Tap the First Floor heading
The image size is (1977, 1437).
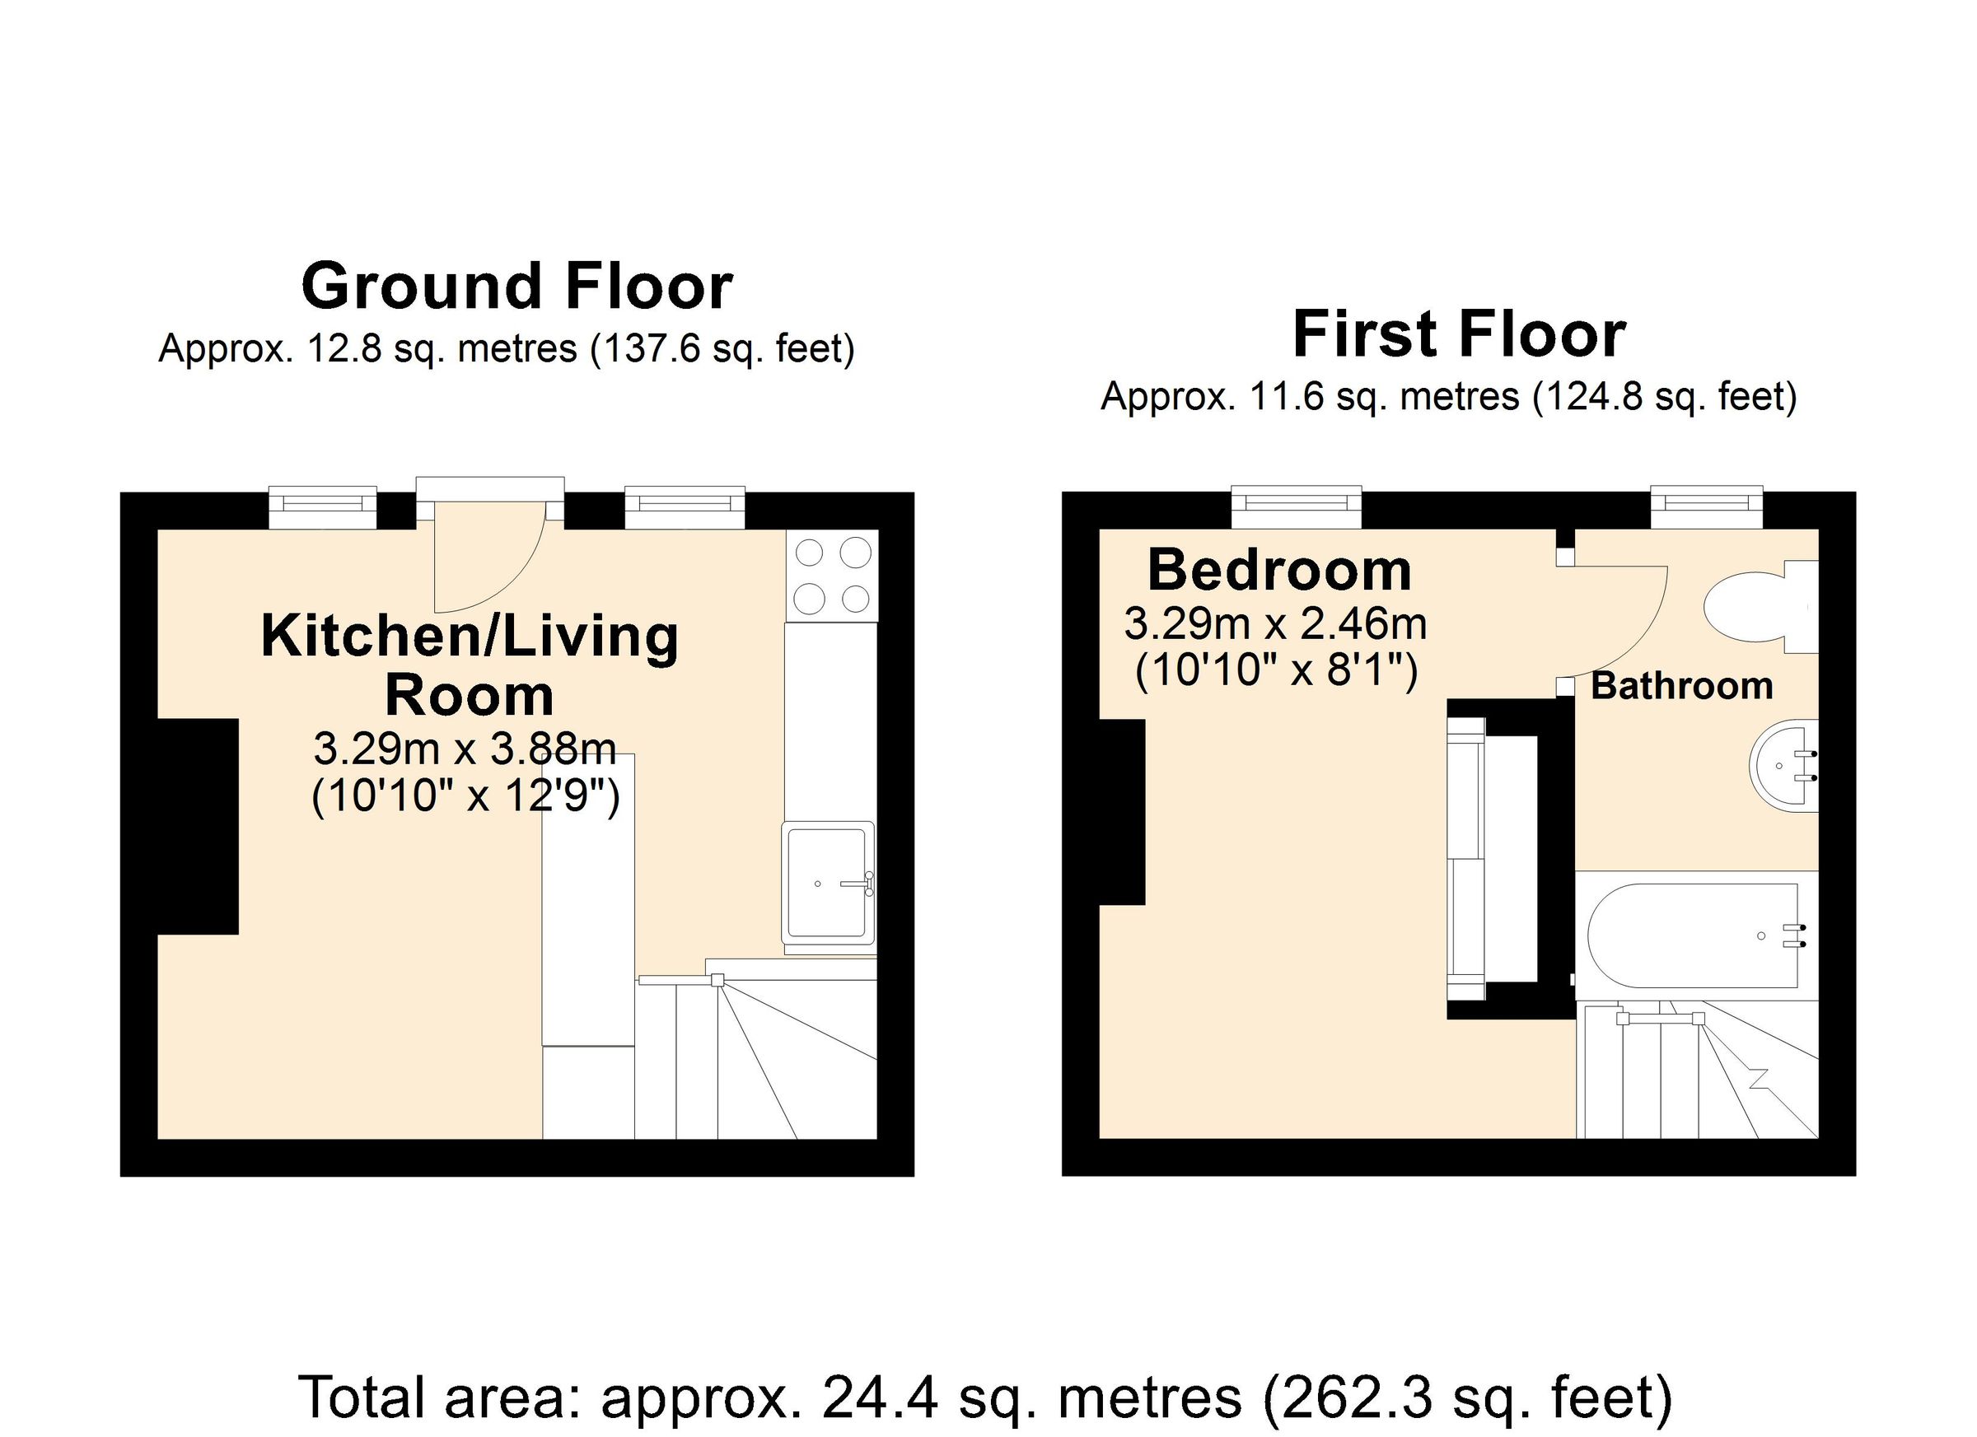(1458, 334)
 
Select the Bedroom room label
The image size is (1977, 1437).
(1278, 570)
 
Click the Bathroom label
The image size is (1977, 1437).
(1681, 686)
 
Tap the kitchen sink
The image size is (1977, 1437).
(827, 883)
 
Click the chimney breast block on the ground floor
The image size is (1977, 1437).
(198, 826)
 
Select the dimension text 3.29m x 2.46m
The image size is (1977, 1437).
(1274, 624)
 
